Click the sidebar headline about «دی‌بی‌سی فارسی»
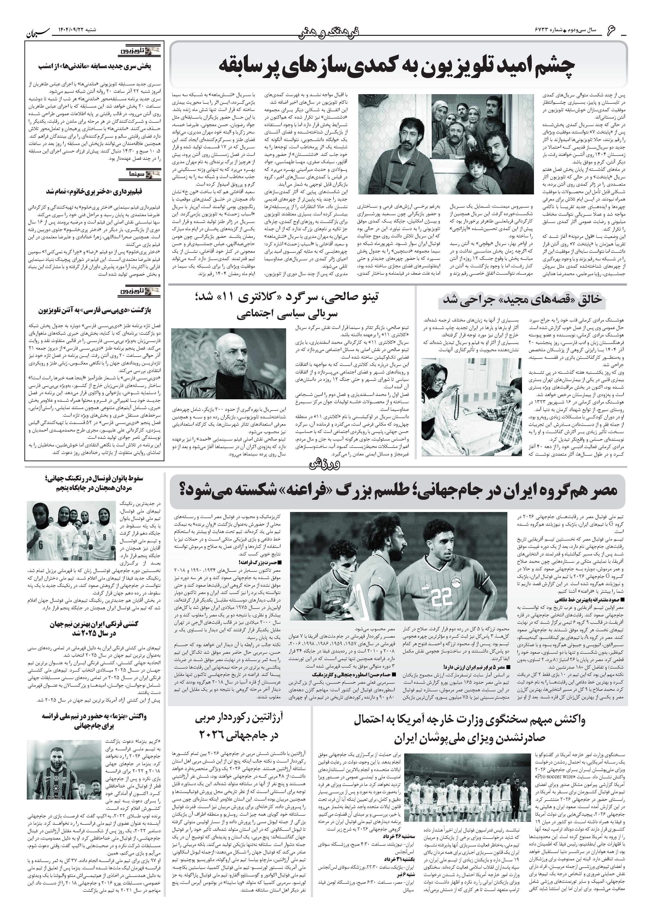94,311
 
